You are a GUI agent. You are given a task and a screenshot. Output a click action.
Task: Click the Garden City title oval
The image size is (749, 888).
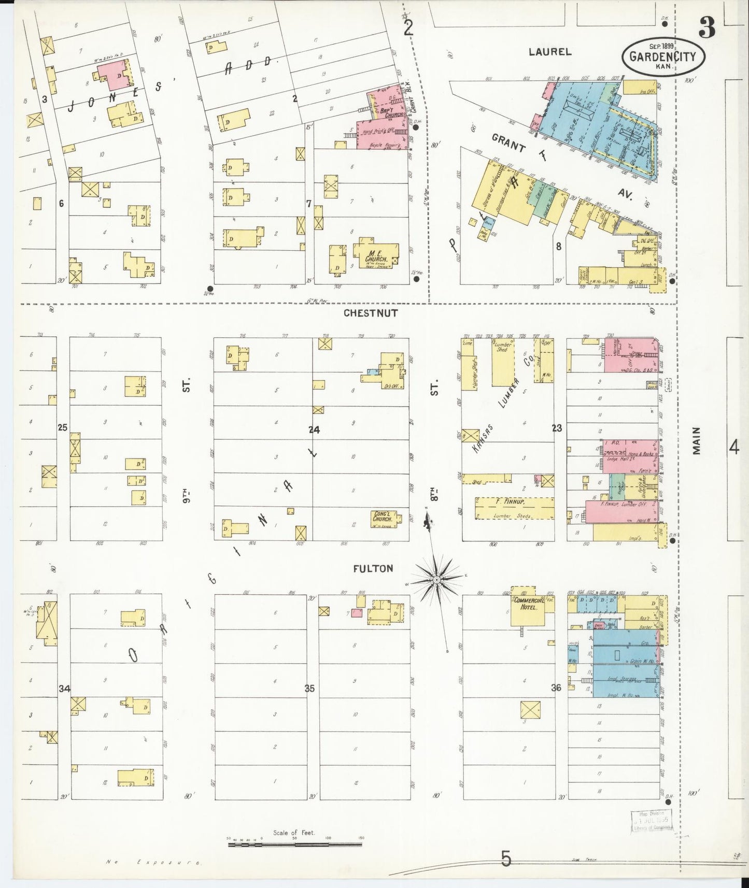(x=663, y=56)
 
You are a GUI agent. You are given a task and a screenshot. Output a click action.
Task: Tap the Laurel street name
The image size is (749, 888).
(x=550, y=51)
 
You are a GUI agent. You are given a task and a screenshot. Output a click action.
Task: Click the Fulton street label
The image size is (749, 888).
(x=373, y=568)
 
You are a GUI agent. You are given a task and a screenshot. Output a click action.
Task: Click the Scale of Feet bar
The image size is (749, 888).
(x=295, y=844)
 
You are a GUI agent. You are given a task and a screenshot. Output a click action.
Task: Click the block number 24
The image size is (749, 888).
(x=314, y=429)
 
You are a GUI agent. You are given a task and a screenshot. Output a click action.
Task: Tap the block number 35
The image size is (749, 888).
(x=309, y=689)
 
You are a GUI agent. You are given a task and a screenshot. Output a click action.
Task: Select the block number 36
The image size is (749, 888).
(x=556, y=688)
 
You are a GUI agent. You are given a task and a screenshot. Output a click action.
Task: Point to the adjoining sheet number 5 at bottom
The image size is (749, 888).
(x=506, y=859)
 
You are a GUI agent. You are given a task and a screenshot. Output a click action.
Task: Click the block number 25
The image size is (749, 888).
(x=63, y=428)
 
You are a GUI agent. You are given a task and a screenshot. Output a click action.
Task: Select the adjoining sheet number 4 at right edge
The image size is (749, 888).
(x=733, y=447)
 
